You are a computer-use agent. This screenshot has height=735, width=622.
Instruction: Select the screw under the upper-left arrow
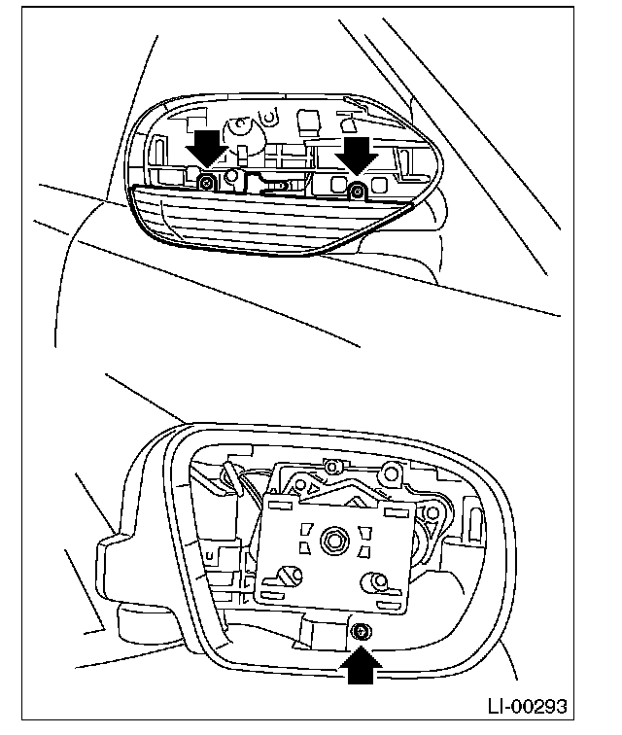click(207, 182)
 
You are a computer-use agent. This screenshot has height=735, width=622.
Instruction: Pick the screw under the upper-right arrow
click(357, 189)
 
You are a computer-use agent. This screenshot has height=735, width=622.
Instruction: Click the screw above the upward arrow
click(361, 632)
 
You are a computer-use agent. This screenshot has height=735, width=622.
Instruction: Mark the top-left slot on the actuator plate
click(279, 506)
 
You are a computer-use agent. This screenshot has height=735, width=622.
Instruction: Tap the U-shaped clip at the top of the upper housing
click(239, 127)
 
